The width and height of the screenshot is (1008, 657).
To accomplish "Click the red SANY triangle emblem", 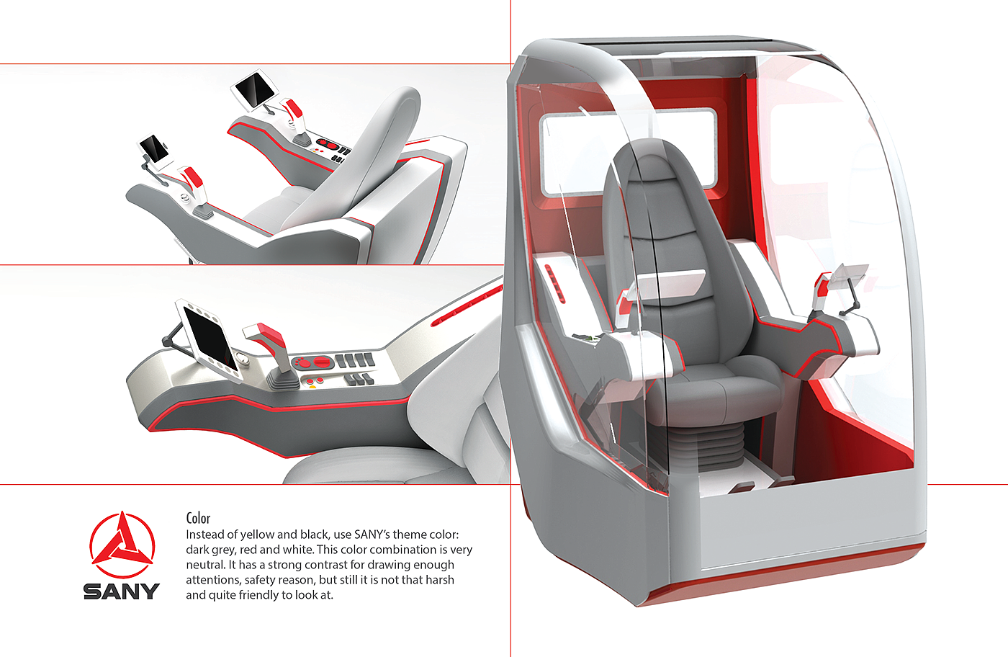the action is (x=122, y=545).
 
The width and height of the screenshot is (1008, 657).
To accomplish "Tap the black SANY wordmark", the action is (x=121, y=591).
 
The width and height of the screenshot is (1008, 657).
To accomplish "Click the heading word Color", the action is (x=198, y=518).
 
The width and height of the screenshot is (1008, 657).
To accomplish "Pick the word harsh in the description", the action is (x=438, y=580).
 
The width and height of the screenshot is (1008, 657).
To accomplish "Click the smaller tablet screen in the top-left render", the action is (x=154, y=148).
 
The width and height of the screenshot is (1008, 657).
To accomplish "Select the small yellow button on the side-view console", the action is (x=312, y=387).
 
